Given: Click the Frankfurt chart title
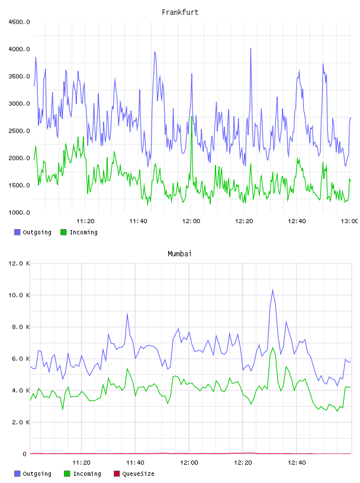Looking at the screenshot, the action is pos(180,12).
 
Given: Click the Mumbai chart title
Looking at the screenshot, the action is pos(179,254).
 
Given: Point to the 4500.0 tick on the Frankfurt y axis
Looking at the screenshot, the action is pos(19,22).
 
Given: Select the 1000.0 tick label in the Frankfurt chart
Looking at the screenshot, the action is pos(19,212).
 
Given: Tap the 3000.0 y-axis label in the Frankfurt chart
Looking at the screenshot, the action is pos(19,104).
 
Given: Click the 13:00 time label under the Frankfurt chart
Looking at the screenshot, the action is pos(349,221).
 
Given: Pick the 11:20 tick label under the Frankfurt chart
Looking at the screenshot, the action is pos(85,221).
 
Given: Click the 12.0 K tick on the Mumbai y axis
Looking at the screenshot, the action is pos(19,263).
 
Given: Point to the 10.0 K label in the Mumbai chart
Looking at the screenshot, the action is pos(19,295).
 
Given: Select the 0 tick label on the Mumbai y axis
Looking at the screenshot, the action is pos(25,454).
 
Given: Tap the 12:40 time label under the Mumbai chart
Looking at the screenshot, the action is pos(297,463).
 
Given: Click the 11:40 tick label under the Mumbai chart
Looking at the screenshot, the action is pos(135,463).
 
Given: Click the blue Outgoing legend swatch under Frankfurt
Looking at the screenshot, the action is pos(17,232).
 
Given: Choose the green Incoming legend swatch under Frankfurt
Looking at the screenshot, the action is pos(63,232).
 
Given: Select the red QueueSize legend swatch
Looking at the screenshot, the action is pos(117,474).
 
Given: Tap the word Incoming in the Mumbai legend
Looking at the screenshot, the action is pos(87,474).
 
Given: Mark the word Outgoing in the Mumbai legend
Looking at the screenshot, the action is pos(37,474).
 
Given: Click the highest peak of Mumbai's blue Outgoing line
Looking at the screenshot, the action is pos(272,289).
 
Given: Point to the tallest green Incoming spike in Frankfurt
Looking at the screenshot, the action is pos(192,117).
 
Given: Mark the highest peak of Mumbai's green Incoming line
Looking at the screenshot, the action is pos(272,348).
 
